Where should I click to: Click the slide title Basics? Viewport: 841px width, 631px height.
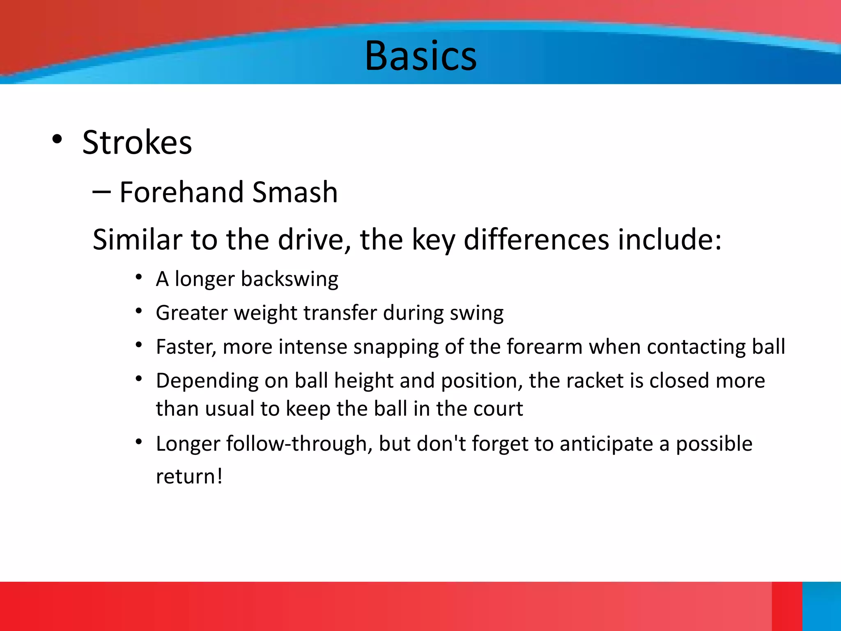tap(420, 56)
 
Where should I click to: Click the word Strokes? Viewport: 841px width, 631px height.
tap(137, 143)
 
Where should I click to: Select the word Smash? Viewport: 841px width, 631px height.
tap(294, 192)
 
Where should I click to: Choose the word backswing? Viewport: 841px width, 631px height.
tap(290, 279)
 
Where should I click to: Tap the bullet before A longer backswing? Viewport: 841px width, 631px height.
tap(139, 278)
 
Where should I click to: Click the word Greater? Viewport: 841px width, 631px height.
tap(191, 313)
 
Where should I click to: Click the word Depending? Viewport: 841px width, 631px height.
tap(207, 381)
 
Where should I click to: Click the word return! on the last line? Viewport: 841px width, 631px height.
tap(189, 477)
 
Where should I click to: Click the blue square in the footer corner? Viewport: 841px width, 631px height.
tap(821, 606)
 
